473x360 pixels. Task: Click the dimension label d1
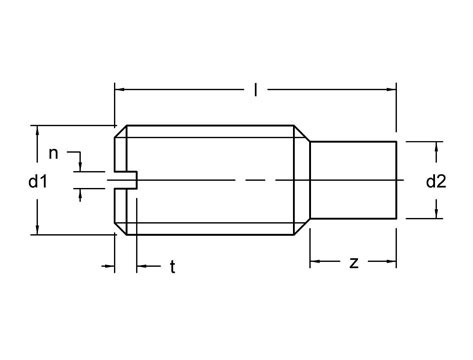pos(38,182)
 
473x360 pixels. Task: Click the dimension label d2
pos(436,182)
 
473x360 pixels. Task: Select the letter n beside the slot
pos(53,154)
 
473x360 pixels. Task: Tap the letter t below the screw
pos(172,267)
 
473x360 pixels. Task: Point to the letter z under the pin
pos(354,263)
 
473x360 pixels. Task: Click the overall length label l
pos(256,89)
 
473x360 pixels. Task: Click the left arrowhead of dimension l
pos(119,89)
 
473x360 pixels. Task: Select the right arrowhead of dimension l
pos(392,89)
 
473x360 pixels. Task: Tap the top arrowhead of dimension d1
pos(38,130)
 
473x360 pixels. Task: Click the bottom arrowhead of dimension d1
pos(38,230)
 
